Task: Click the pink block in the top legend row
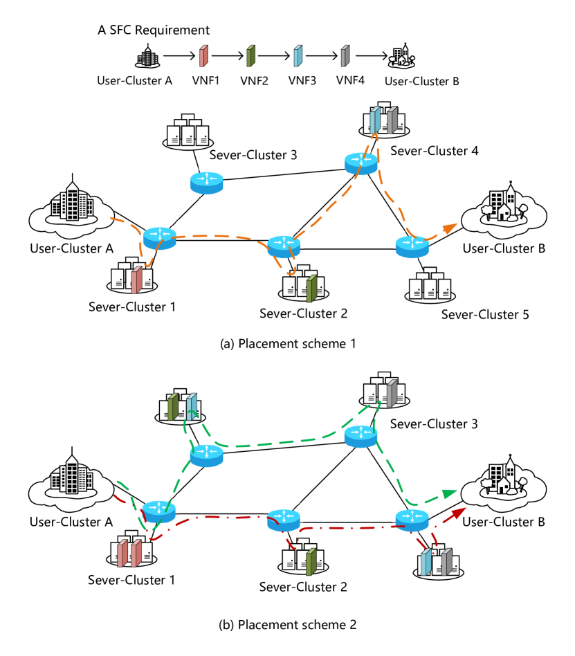(203, 56)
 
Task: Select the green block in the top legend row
(250, 56)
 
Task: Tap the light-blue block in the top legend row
(298, 56)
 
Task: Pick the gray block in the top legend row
(345, 56)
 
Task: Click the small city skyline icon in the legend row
(147, 58)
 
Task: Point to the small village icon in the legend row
(401, 57)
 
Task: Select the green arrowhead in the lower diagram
(450, 494)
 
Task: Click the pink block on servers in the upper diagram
(137, 280)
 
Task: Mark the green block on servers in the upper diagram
(311, 289)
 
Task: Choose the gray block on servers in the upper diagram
(392, 120)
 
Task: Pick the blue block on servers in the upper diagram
(375, 120)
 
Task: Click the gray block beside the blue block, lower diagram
(446, 562)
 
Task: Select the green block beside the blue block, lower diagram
(172, 408)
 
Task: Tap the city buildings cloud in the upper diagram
(71, 210)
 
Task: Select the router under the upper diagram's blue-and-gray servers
(361, 163)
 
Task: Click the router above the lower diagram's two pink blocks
(159, 511)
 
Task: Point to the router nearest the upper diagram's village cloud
(412, 247)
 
